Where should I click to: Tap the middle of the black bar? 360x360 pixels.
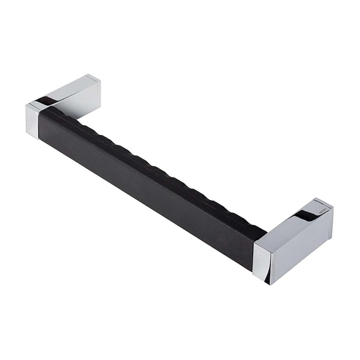pos(150,178)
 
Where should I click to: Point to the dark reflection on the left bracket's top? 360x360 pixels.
pos(50,102)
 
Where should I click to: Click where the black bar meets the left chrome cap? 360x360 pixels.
pos(41,122)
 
